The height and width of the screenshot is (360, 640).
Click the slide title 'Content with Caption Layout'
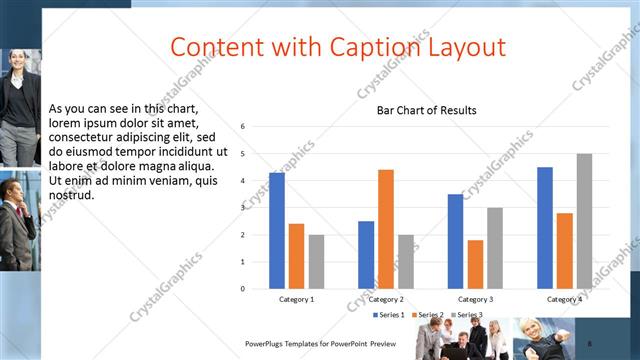coord(337,47)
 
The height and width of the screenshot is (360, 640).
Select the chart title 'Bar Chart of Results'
coord(426,110)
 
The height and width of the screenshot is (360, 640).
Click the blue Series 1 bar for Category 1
coord(277,231)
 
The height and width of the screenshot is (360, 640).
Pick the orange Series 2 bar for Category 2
coord(386,229)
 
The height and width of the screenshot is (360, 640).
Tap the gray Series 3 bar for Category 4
coord(584,221)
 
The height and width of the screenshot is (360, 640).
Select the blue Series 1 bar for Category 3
coord(455,241)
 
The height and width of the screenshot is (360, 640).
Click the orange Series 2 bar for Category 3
coord(475,264)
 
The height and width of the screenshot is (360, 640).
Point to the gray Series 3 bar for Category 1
coord(316,262)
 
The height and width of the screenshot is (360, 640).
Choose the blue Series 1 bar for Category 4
coord(545,228)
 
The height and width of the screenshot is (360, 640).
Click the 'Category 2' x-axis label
coord(386,299)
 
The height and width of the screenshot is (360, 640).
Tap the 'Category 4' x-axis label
coord(565,299)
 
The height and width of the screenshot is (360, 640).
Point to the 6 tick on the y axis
coord(243,127)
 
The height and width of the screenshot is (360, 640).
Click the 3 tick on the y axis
coord(243,208)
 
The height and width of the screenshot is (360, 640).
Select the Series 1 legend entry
coord(389,315)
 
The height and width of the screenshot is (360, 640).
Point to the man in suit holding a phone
coord(16,225)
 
